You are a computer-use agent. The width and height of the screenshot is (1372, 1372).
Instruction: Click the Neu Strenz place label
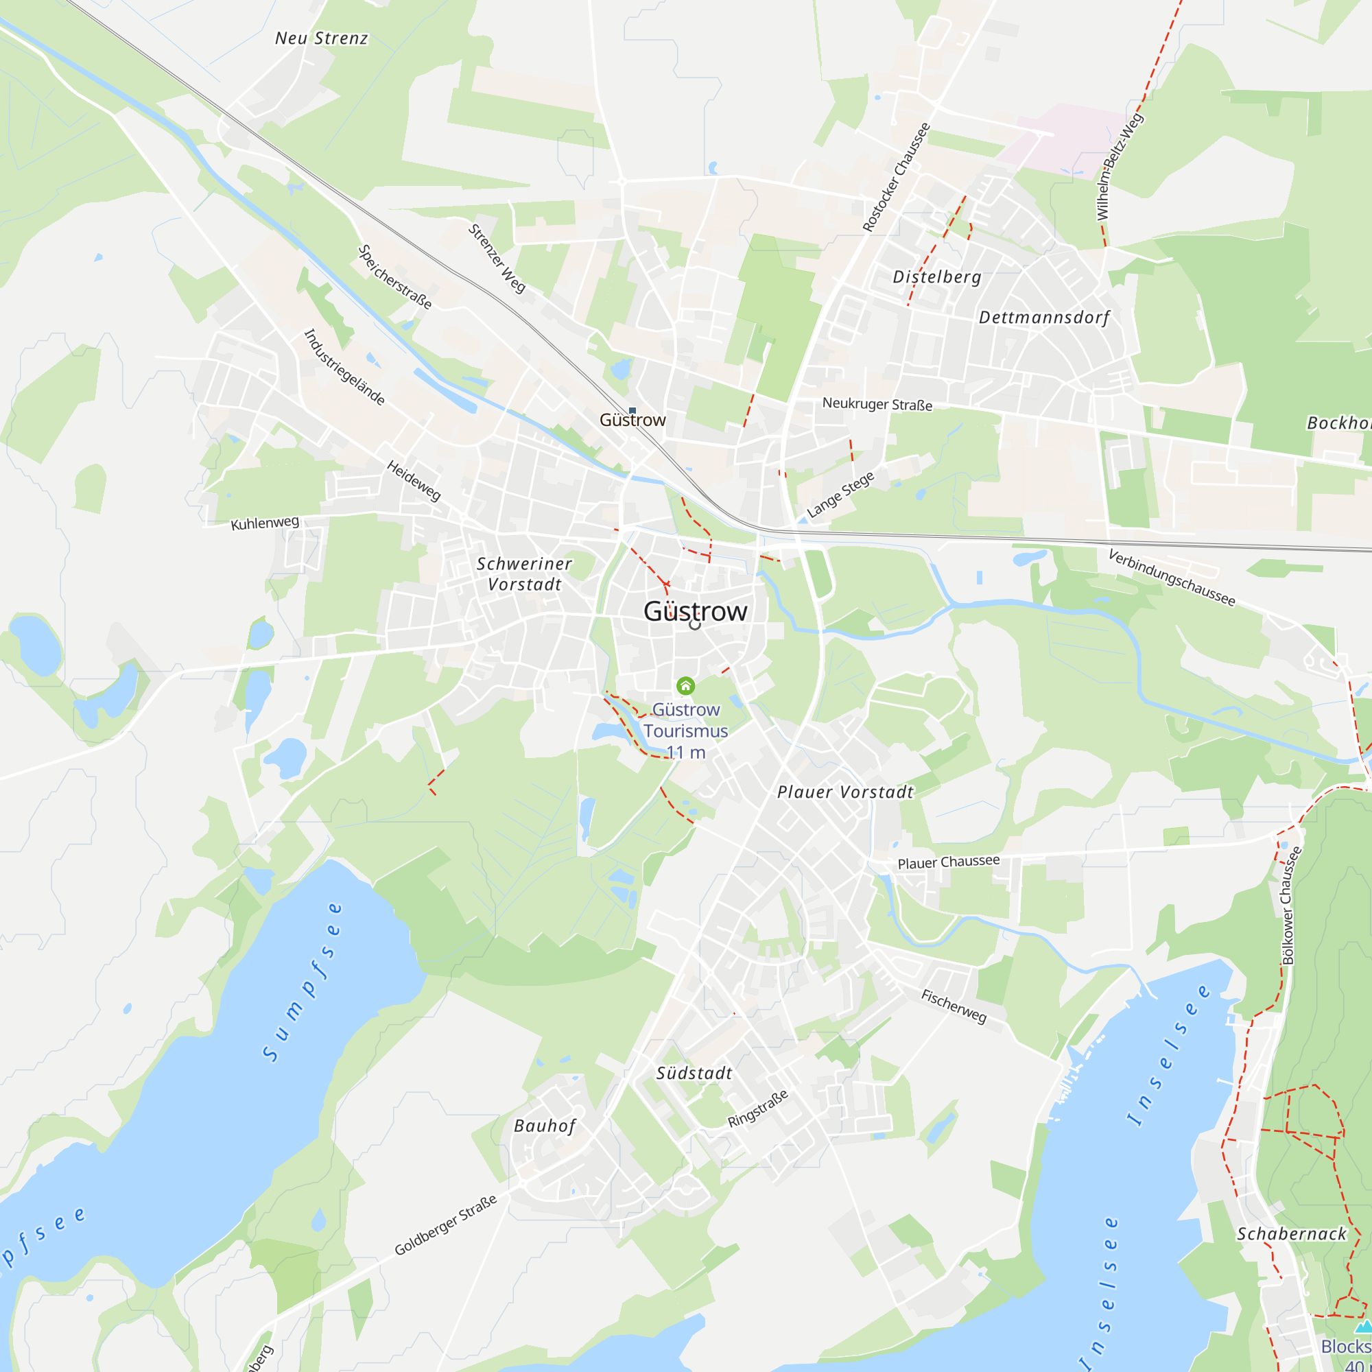pos(322,38)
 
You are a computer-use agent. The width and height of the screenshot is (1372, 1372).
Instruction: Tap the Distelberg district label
pos(936,277)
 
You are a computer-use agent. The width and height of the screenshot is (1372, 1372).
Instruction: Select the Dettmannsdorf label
pos(1044,318)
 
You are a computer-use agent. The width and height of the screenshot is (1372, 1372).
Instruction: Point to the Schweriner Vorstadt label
pos(524,573)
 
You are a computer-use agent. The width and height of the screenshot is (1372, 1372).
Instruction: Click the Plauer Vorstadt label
pos(845,792)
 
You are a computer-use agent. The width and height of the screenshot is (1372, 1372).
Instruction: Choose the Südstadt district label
pos(694,1073)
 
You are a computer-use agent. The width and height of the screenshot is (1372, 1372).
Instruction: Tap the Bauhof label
pos(545,1126)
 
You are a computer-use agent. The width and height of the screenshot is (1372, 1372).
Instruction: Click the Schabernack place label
pos(1292,1233)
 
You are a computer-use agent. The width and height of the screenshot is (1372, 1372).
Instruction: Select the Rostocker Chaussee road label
pos(895,178)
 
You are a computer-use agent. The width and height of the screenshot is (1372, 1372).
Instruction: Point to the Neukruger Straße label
pos(877,404)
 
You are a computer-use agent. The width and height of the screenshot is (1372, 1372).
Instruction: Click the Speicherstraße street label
pos(395,277)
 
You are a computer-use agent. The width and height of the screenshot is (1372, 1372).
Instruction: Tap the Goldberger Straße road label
pos(445,1225)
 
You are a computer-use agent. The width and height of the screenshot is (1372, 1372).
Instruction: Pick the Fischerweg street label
pos(954,1006)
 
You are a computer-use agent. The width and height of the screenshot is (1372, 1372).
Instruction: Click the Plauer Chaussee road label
pos(948,862)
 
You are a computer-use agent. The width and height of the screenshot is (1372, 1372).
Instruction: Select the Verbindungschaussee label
pos(1172,578)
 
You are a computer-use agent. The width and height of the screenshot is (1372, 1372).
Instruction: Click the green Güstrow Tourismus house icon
pos(685,685)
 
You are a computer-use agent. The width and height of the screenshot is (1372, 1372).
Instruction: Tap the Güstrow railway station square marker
pos(632,410)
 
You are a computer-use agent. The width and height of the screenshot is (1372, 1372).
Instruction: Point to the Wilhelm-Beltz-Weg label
pos(1119,166)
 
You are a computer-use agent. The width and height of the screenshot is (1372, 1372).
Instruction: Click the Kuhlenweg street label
pos(265,523)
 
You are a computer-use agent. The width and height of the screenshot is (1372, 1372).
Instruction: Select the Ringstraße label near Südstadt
pos(758,1109)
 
